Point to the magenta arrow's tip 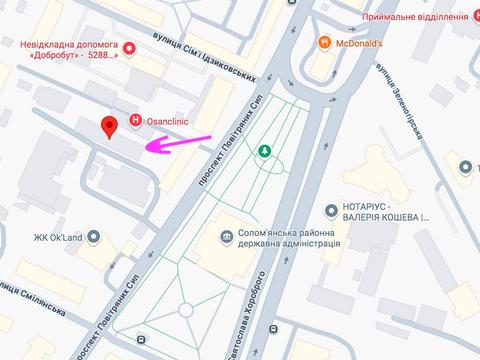coord(144,149)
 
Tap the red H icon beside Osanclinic coord(137,120)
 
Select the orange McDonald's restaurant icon coord(324,42)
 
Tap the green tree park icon coord(265,152)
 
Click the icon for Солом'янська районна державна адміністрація coord(228,237)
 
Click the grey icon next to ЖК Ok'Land coord(94,237)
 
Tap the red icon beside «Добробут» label coord(128,47)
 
